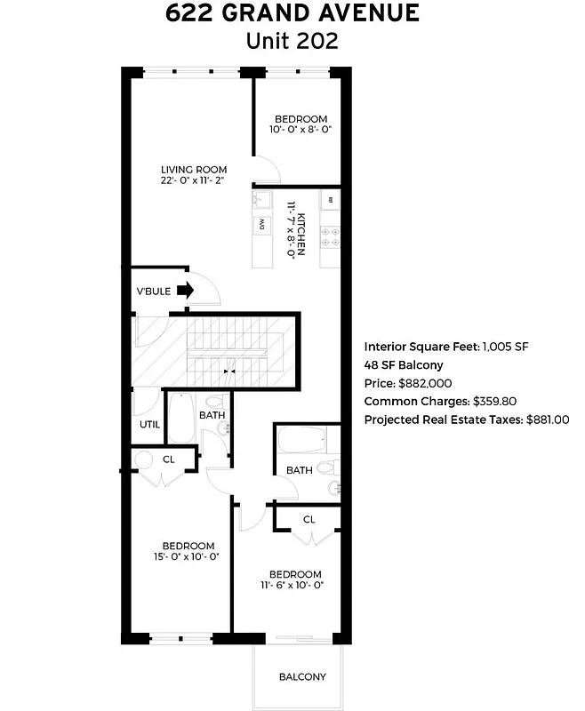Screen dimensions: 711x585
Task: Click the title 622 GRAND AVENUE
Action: point(292,14)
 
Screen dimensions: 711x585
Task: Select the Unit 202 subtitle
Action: point(292,41)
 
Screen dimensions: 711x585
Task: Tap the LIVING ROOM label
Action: point(194,170)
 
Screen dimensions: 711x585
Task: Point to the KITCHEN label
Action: point(301,234)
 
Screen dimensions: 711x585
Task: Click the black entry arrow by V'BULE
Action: point(186,290)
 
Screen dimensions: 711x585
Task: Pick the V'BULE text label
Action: point(153,291)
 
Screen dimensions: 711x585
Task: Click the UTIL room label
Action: point(149,424)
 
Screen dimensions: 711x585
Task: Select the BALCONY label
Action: point(302,677)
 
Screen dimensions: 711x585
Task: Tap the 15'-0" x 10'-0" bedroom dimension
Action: point(188,557)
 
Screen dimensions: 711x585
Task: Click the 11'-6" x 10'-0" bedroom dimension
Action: point(295,585)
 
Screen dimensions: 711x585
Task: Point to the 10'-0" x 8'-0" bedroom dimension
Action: point(301,130)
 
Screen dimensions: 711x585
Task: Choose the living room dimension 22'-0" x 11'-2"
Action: point(194,180)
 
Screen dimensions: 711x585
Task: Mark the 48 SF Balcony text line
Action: point(403,365)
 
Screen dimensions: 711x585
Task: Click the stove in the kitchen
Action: point(330,236)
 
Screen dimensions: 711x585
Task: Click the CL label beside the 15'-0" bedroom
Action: point(168,459)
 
